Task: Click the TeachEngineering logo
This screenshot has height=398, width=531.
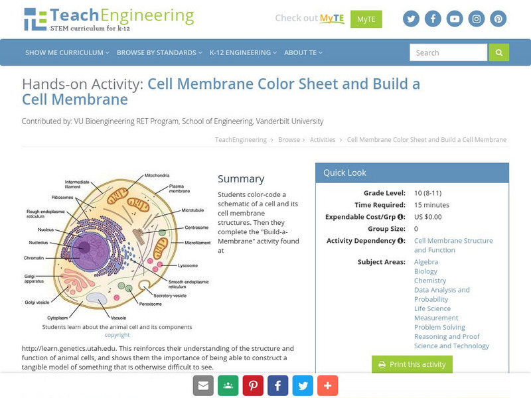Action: (109, 19)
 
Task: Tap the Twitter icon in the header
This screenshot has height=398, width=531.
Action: (411, 19)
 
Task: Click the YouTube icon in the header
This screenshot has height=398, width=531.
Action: (455, 19)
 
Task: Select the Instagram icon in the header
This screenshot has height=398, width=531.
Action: (477, 19)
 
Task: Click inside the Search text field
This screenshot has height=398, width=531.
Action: (448, 52)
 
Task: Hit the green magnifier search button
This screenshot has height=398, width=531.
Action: (498, 52)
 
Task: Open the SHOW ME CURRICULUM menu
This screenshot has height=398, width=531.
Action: (67, 52)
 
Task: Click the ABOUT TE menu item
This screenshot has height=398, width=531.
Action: (303, 52)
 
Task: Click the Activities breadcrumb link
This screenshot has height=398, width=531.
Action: (323, 140)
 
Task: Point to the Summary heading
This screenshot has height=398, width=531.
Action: (241, 178)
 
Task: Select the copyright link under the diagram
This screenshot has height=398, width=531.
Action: (117, 335)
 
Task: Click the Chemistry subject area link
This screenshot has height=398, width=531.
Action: (430, 281)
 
